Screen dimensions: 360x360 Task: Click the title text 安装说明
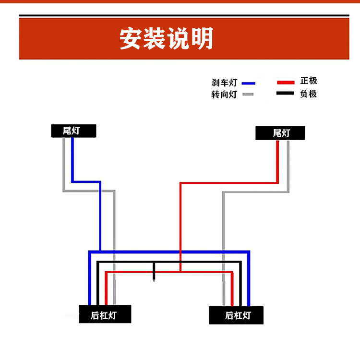click(166, 39)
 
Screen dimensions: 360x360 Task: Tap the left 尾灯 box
click(73, 131)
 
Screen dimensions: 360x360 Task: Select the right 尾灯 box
click(280, 133)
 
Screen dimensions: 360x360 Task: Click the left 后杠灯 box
click(105, 315)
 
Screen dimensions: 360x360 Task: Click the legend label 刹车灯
click(224, 83)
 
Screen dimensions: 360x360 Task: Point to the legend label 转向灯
click(224, 95)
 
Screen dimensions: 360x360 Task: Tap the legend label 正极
click(309, 81)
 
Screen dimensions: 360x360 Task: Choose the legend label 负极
click(309, 94)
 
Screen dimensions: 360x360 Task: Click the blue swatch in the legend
click(248, 83)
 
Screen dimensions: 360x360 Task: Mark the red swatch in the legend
click(286, 82)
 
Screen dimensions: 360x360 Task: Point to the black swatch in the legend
click(286, 93)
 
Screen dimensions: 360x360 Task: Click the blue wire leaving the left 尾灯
click(72, 158)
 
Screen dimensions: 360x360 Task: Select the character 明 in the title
click(202, 39)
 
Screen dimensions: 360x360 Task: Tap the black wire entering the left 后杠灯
click(97, 288)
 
